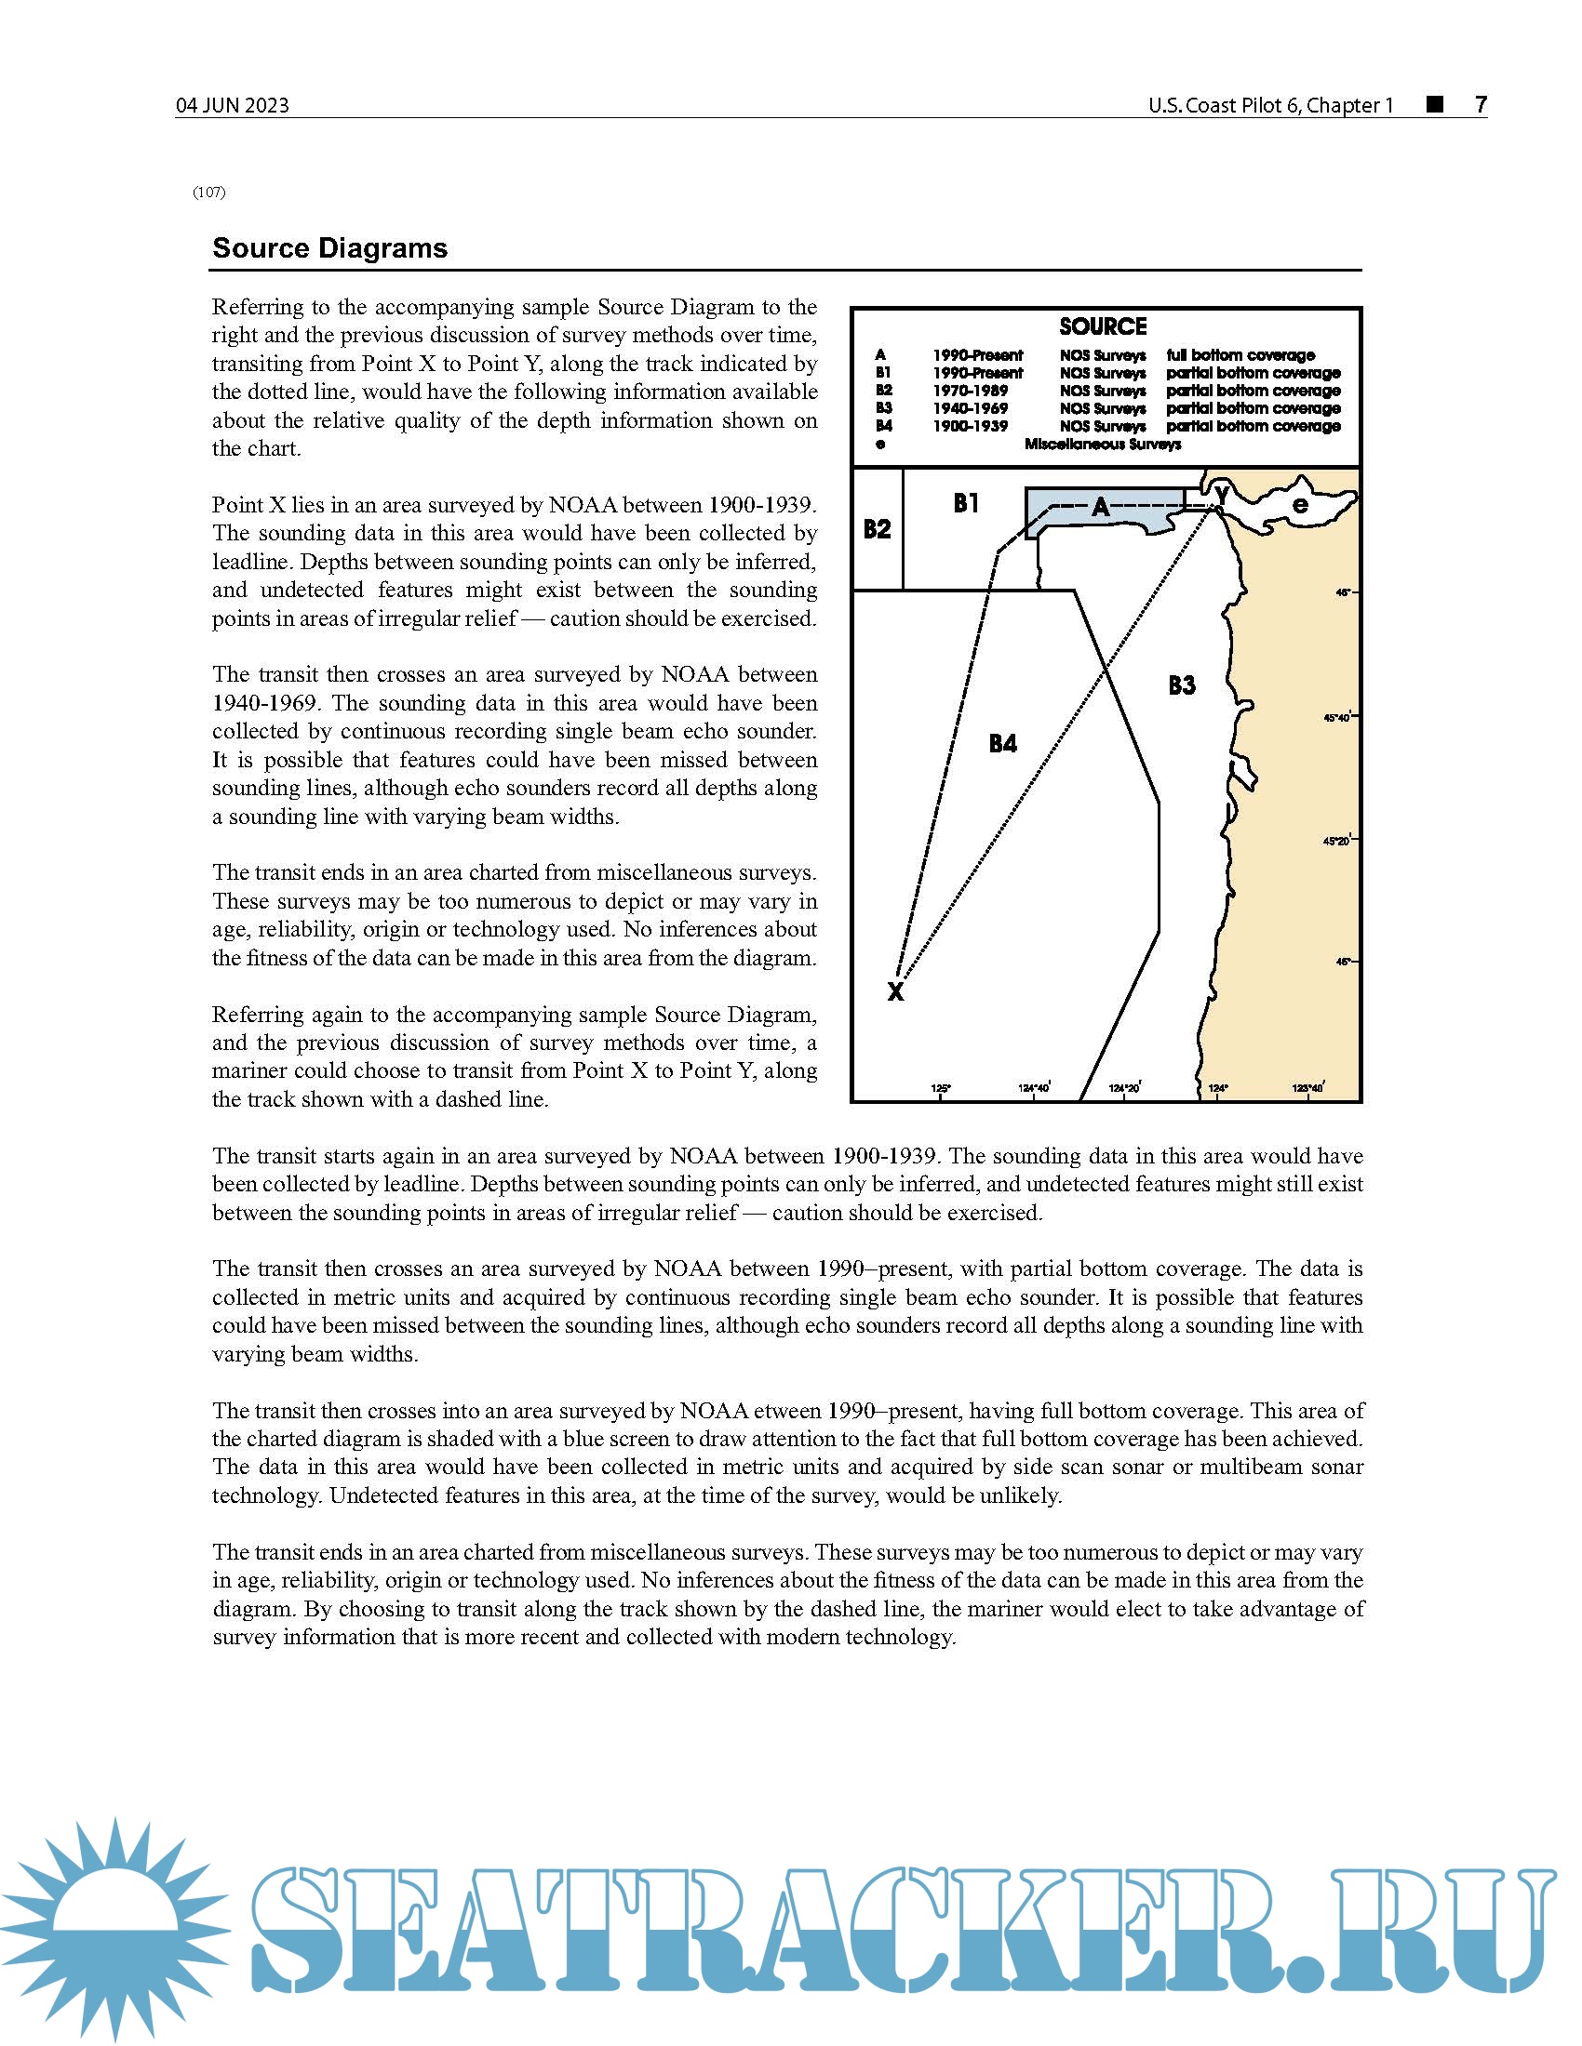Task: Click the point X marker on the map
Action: click(895, 991)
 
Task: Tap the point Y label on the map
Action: click(1221, 493)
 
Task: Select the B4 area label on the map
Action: click(1003, 744)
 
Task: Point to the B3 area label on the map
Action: click(1182, 685)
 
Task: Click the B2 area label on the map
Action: click(878, 529)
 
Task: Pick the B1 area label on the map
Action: click(966, 504)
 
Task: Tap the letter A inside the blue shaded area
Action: click(1100, 508)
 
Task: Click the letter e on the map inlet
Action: click(1300, 505)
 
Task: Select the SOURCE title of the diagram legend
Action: click(1103, 327)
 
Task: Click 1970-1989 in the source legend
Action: click(970, 391)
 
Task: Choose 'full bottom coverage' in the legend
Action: click(1240, 355)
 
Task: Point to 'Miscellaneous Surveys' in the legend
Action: click(1102, 444)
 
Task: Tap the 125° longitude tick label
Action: click(941, 1088)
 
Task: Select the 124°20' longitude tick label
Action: click(1125, 1088)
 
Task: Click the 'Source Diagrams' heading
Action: click(330, 248)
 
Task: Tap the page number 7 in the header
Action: click(1480, 105)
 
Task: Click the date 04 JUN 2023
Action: click(233, 106)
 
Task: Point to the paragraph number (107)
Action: click(209, 193)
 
